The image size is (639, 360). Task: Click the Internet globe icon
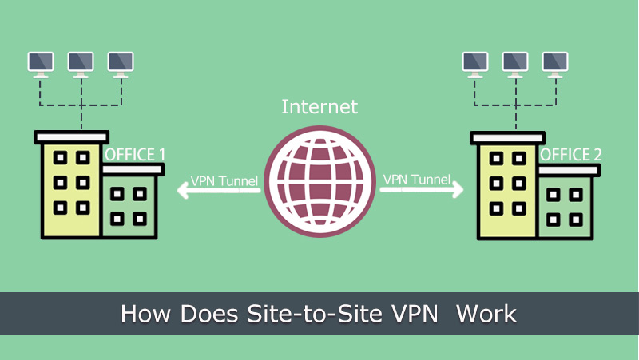(x=320, y=182)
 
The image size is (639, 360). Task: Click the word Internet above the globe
(x=320, y=107)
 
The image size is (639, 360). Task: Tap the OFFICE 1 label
(x=135, y=155)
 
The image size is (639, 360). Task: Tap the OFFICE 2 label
(x=571, y=155)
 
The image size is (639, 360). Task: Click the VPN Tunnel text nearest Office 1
(x=224, y=181)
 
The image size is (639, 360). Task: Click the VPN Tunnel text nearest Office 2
(x=417, y=179)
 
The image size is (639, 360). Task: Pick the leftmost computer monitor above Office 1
(x=41, y=65)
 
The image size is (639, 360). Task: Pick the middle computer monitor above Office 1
(x=81, y=65)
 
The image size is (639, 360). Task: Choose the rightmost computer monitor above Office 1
(x=121, y=65)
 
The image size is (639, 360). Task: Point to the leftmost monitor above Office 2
(x=475, y=65)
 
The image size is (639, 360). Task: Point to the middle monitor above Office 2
(x=515, y=65)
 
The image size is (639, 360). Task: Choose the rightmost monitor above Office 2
(x=555, y=65)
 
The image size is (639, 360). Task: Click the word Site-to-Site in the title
(x=315, y=314)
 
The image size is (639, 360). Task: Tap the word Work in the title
(x=486, y=314)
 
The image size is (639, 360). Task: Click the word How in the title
(x=145, y=314)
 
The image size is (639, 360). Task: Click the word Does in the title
(x=209, y=314)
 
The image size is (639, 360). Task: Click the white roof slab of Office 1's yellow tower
(x=71, y=137)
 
